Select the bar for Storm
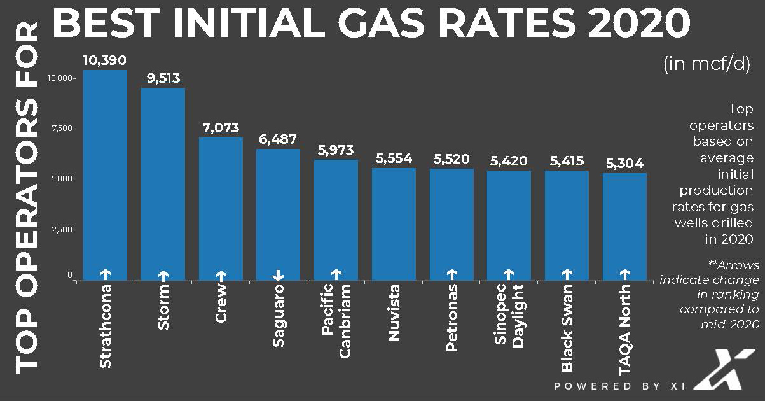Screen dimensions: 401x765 [163, 184]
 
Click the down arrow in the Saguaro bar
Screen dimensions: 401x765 [278, 274]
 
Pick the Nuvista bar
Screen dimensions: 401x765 [394, 223]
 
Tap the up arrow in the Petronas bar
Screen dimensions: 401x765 [451, 274]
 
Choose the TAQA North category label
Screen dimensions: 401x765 [624, 331]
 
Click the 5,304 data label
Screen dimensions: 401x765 [624, 164]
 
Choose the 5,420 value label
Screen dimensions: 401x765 [509, 161]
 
